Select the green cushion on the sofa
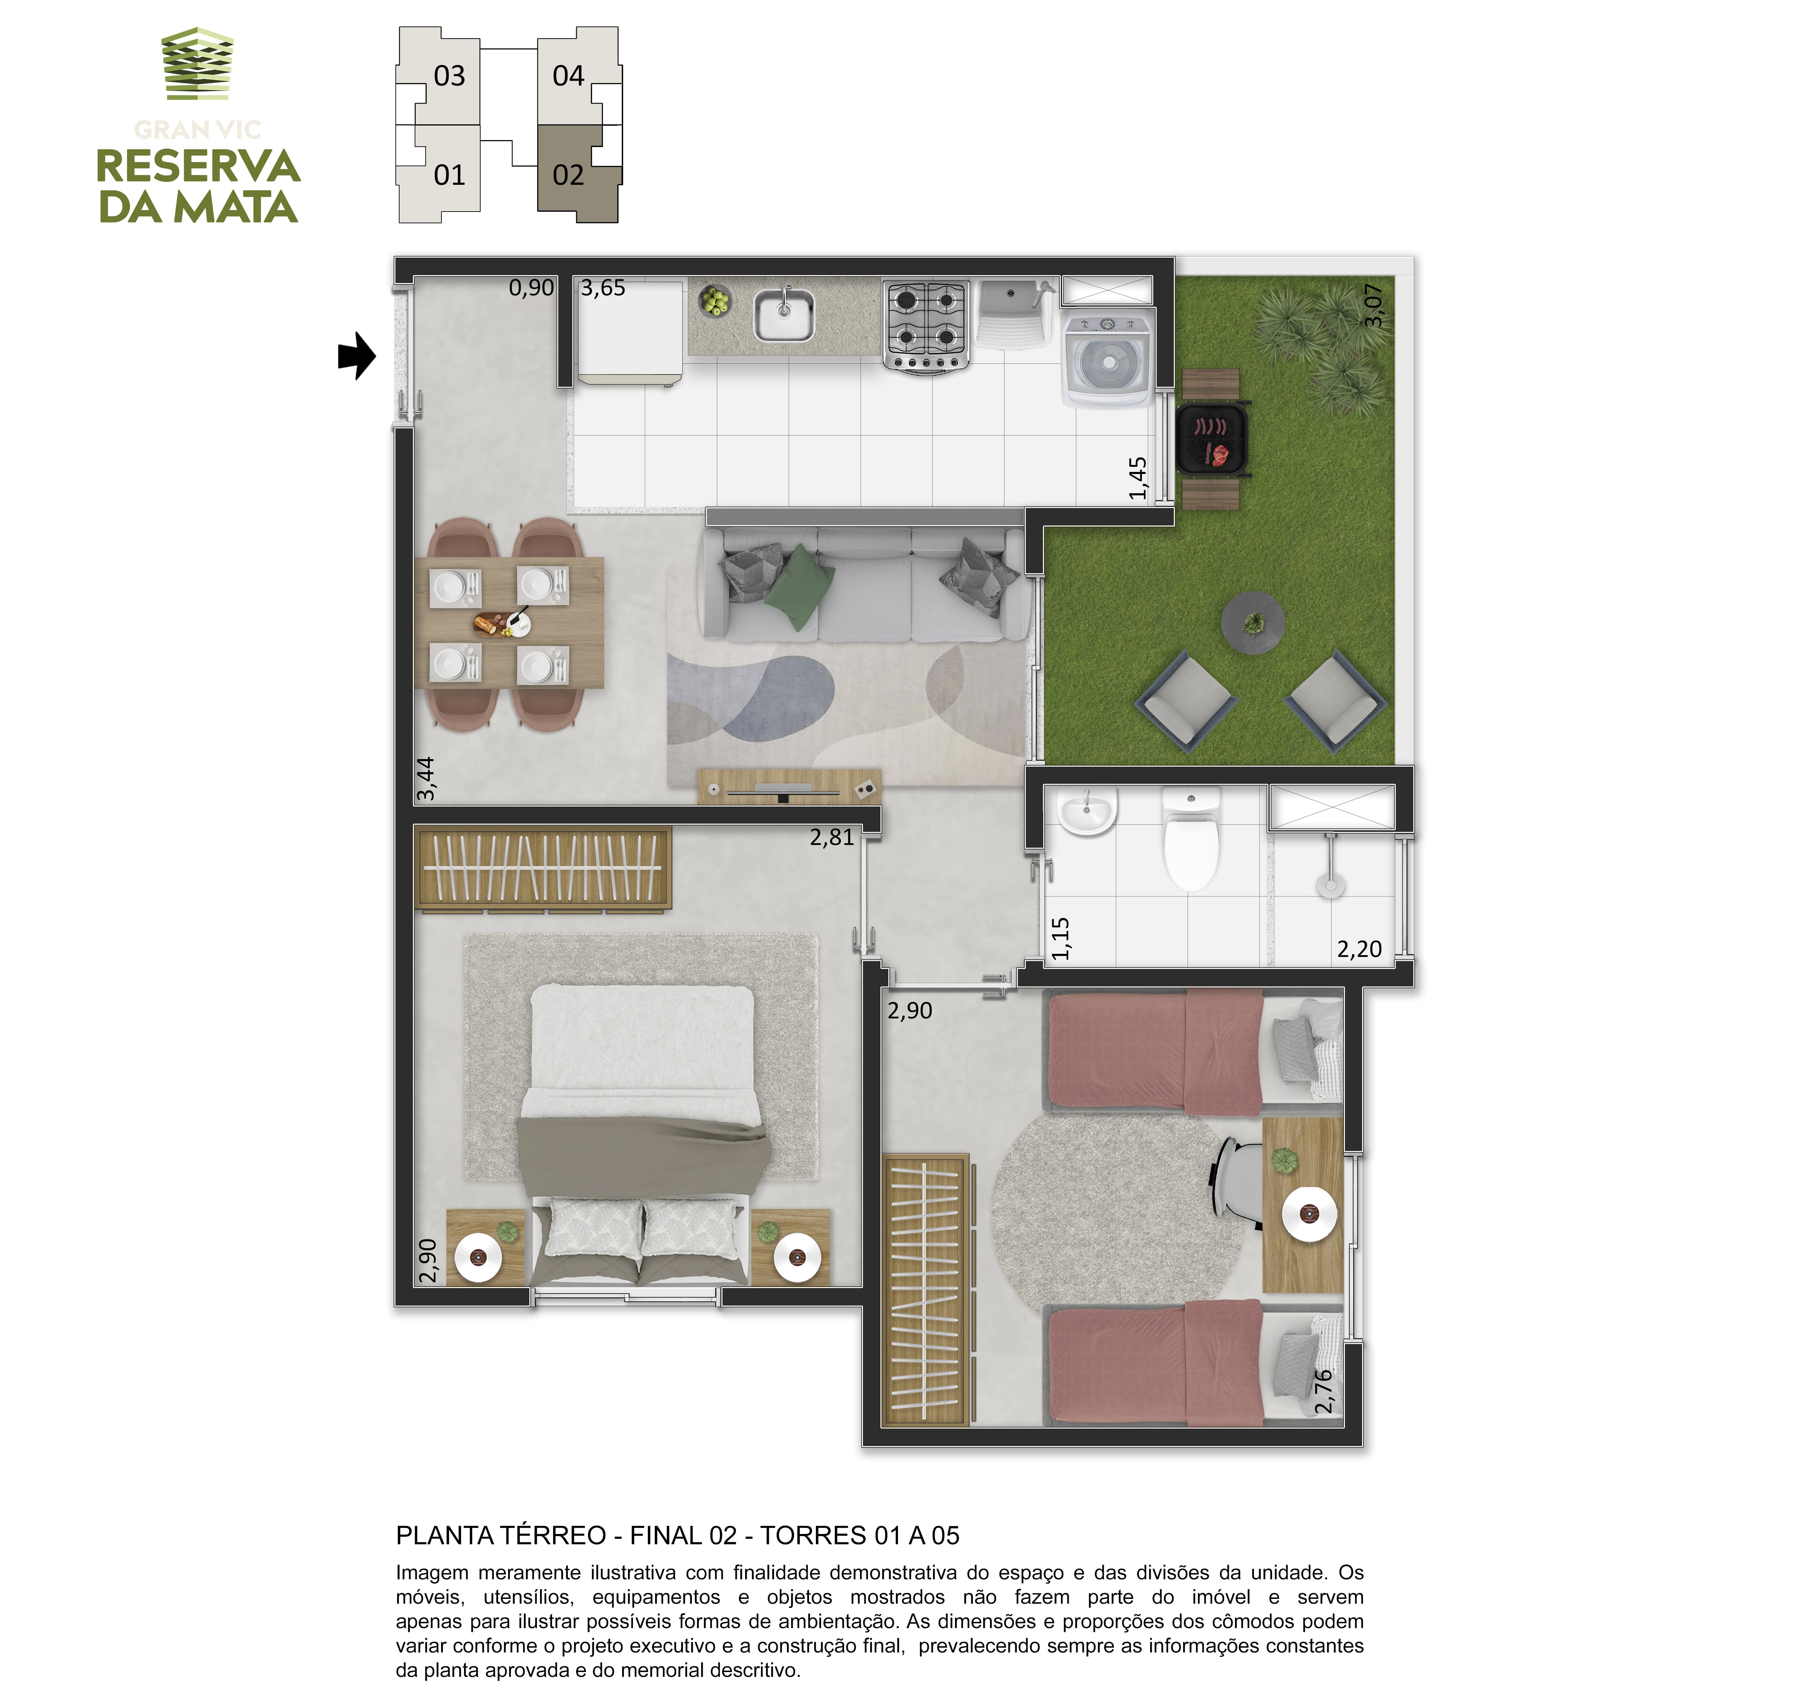800,586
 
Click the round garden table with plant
1253,623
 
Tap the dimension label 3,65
603,288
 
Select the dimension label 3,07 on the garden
1374,305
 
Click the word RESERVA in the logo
198,166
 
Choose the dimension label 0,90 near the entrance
531,288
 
